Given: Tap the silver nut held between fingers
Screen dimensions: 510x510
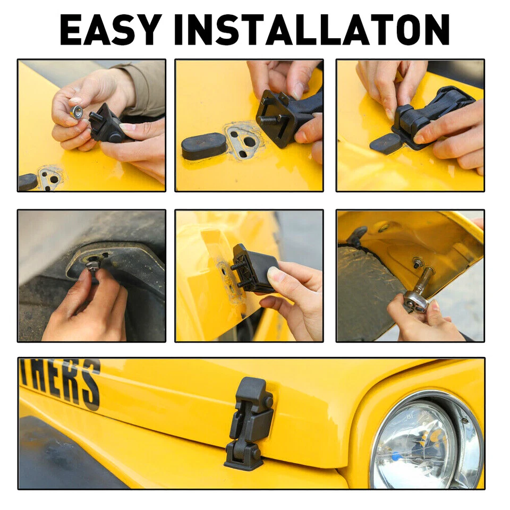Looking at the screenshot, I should pyautogui.click(x=77, y=112).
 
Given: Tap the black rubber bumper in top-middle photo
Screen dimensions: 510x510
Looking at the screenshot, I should pyautogui.click(x=205, y=146).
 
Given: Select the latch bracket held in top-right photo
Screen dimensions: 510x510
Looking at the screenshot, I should pyautogui.click(x=430, y=114).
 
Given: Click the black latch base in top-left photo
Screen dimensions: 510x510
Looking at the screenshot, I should pyautogui.click(x=109, y=125).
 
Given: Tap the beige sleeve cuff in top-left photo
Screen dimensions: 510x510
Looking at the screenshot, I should pyautogui.click(x=143, y=88).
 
